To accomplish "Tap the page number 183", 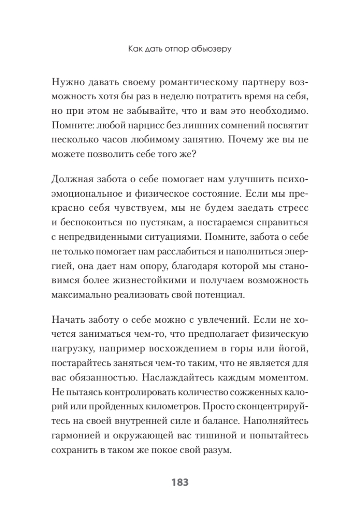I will [180, 482].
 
